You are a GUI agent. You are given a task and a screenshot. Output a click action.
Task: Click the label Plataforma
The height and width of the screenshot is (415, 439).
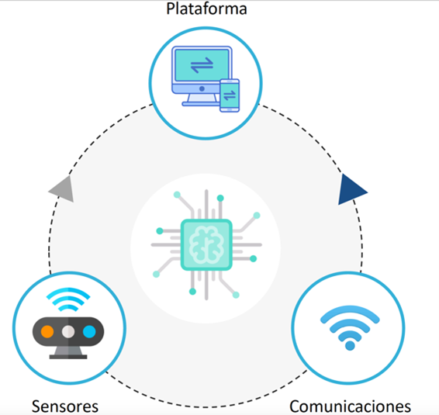pos(206,9)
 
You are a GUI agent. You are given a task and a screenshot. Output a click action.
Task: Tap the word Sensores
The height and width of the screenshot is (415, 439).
pos(65,406)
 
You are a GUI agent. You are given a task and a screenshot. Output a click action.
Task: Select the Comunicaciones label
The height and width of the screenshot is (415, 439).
pos(350,406)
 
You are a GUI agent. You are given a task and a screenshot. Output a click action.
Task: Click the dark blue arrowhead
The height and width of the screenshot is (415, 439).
pos(351,190)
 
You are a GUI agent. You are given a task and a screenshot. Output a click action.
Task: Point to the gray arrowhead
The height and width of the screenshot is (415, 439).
pos(63,189)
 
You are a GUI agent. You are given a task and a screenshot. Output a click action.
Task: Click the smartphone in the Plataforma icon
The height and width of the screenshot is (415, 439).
pos(230,95)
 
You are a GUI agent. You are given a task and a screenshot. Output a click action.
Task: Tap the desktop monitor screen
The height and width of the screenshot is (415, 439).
pos(202,65)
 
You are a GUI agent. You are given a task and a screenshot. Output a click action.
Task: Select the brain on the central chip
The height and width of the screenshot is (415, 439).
pos(206,245)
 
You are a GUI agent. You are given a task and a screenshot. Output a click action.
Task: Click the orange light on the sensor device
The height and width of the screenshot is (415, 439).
pos(47,332)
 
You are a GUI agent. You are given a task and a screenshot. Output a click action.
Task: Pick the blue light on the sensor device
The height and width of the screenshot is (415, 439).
pos(89,332)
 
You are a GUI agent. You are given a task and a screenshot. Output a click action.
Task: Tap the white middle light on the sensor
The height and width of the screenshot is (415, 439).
pos(68,332)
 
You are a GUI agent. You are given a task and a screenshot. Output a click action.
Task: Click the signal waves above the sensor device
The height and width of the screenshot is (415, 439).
pos(68,299)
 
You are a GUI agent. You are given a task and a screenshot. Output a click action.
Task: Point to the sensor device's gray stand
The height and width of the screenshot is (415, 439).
pos(68,353)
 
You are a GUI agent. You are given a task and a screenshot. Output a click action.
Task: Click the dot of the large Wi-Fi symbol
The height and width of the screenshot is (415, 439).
pos(350,345)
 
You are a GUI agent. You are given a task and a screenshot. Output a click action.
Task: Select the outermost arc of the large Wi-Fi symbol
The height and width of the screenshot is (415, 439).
pos(350,310)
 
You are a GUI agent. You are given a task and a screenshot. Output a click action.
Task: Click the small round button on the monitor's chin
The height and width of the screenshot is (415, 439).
pos(202,88)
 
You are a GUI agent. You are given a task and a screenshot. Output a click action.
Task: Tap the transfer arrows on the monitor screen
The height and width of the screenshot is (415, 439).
pos(202,65)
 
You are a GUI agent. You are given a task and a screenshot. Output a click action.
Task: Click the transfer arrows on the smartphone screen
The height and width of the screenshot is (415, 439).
pos(230,95)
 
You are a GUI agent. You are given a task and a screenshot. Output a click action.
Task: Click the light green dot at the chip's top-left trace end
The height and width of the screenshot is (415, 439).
pos(177,195)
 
